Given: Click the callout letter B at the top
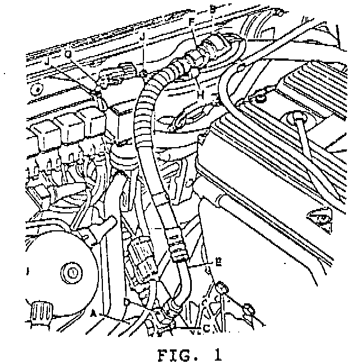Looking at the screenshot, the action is [212, 8].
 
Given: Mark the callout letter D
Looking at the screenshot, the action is [127, 303].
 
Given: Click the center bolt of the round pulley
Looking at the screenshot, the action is [71, 273].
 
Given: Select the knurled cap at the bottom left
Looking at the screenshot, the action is [41, 311].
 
